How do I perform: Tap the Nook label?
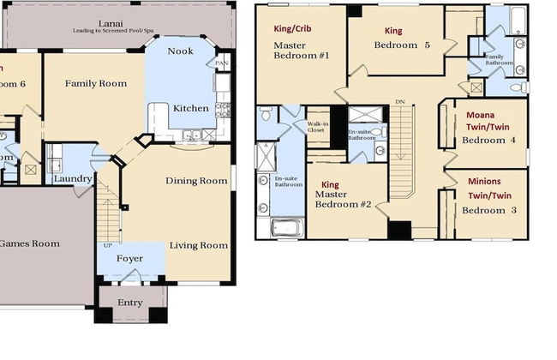tap(180, 51)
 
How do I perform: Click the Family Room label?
tap(96, 83)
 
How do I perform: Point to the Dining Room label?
tap(196, 180)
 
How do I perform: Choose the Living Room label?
tap(198, 245)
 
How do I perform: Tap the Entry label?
tap(130, 302)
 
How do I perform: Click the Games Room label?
tap(29, 243)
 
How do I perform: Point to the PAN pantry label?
tap(222, 63)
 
